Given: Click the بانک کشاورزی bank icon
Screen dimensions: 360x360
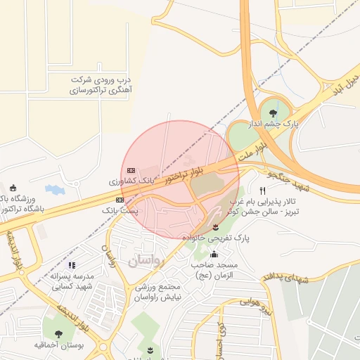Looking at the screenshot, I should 131,170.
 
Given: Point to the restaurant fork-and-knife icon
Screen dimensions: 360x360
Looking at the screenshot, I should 262,191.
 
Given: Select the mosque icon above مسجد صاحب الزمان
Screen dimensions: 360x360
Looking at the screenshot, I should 214,254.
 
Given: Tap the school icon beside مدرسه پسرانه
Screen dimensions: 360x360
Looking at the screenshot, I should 70,265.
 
